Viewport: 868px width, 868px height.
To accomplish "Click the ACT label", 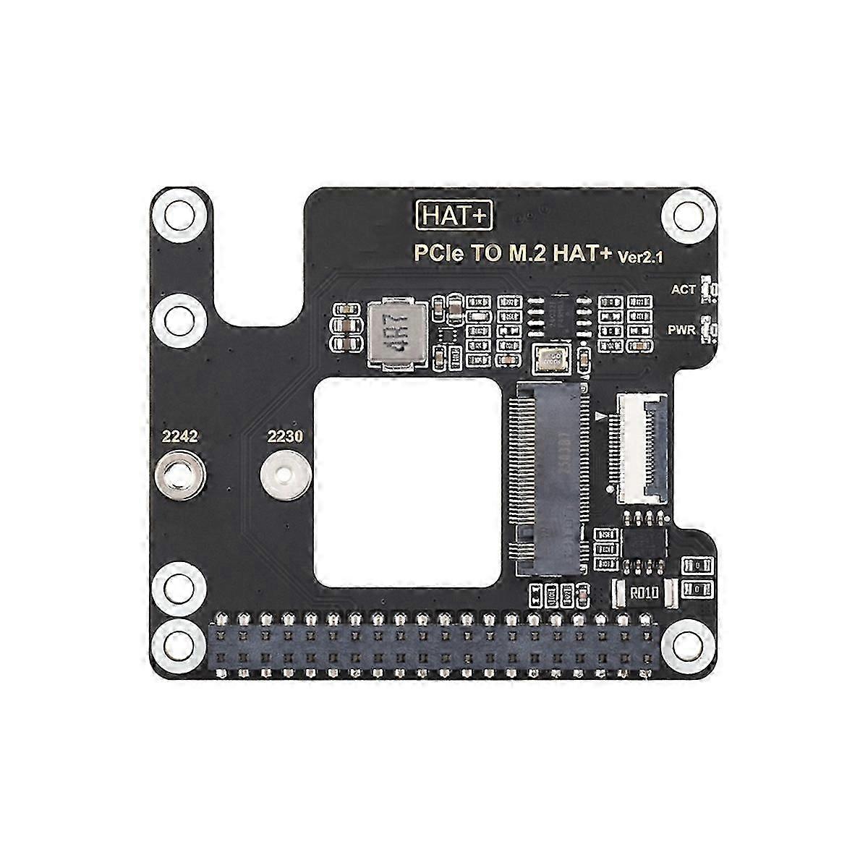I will click(x=683, y=289).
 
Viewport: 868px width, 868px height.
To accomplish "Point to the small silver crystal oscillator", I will click(x=551, y=357).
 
